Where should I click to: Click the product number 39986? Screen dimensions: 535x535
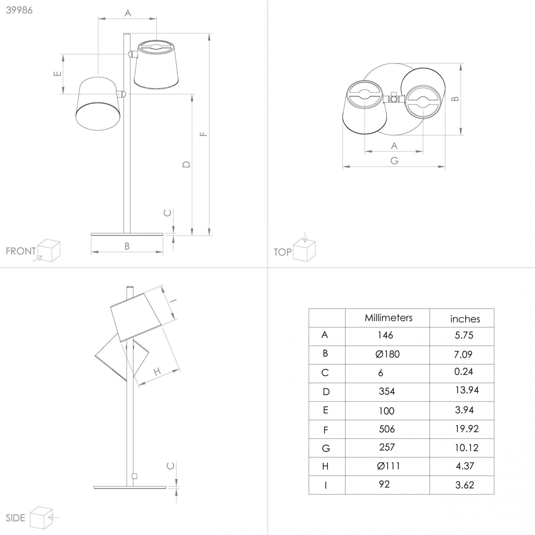coord(19,10)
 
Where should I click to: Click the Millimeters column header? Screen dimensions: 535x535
coord(389,318)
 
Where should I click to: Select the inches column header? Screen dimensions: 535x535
coord(465,319)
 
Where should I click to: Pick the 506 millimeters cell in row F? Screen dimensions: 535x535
coord(387,429)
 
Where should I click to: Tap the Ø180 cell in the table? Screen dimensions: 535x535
coord(387,354)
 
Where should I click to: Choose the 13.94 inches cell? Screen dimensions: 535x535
coord(467,390)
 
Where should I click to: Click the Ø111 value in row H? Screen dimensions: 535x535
coord(388,466)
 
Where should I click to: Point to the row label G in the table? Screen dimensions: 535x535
coord(326,448)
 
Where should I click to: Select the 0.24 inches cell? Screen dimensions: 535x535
coord(463,371)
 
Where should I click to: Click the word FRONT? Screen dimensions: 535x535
coord(21,251)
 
